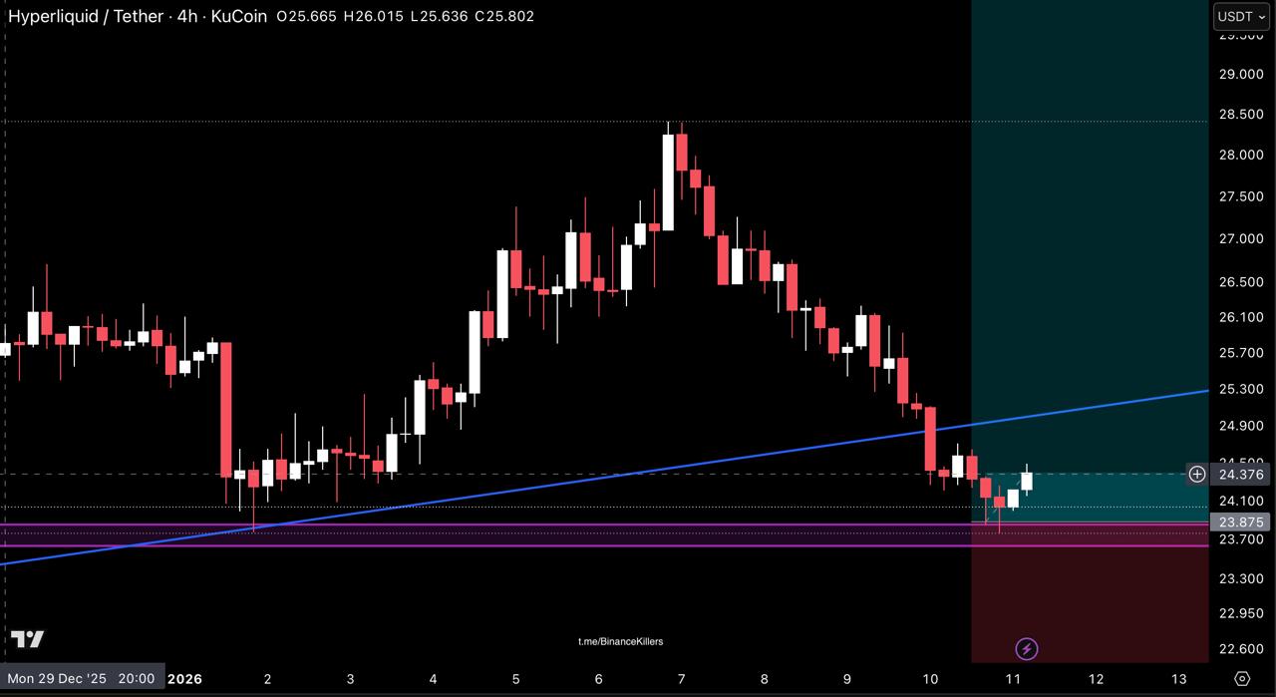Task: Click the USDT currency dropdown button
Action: [1241, 16]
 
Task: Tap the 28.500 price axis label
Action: [1240, 115]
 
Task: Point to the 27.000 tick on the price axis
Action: [1240, 239]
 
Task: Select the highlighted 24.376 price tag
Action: [1241, 475]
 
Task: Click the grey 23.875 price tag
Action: [1241, 522]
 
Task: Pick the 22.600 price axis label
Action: [1240, 649]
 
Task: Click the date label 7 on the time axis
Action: [681, 679]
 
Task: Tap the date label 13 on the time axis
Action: [1178, 679]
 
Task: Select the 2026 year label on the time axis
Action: [184, 679]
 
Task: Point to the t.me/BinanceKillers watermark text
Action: [620, 641]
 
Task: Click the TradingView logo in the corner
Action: [28, 639]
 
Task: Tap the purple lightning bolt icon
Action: [1026, 650]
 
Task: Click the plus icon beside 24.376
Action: [1196, 475]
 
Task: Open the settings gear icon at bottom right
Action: [1241, 678]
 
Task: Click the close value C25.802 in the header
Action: [504, 16]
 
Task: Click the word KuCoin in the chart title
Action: [239, 16]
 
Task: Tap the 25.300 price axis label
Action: [1240, 389]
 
